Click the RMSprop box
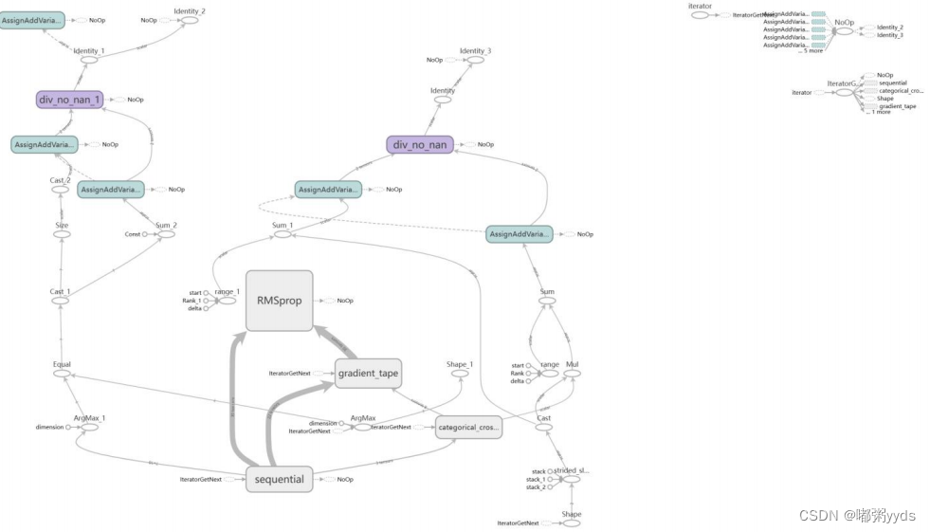[x=279, y=301]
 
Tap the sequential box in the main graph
[x=279, y=479]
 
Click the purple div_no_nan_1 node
[x=69, y=100]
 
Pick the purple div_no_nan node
[x=419, y=144]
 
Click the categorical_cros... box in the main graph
[x=468, y=428]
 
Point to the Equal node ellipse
[x=62, y=374]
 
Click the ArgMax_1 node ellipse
[x=90, y=427]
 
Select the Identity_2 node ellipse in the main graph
[x=189, y=21]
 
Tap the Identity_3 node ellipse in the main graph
[x=475, y=60]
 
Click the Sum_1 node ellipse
[x=283, y=234]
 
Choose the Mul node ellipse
[x=572, y=374]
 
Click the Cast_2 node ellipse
[x=62, y=189]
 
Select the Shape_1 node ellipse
[x=460, y=374]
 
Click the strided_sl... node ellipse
[x=572, y=480]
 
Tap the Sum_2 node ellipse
[x=166, y=234]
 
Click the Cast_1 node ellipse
[x=62, y=301]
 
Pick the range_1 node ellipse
[x=227, y=301]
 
